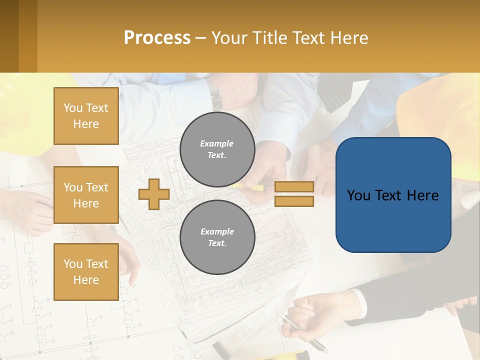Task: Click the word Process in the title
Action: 157,38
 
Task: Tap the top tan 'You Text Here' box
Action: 86,116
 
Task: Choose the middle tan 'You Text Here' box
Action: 86,195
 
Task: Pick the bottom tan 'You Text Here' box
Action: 86,272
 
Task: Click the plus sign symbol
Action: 154,194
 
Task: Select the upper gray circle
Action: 217,149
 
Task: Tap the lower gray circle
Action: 217,237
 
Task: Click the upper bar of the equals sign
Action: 294,186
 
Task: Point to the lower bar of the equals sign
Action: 294,201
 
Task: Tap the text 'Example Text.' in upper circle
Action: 217,149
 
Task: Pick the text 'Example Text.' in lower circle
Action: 217,237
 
